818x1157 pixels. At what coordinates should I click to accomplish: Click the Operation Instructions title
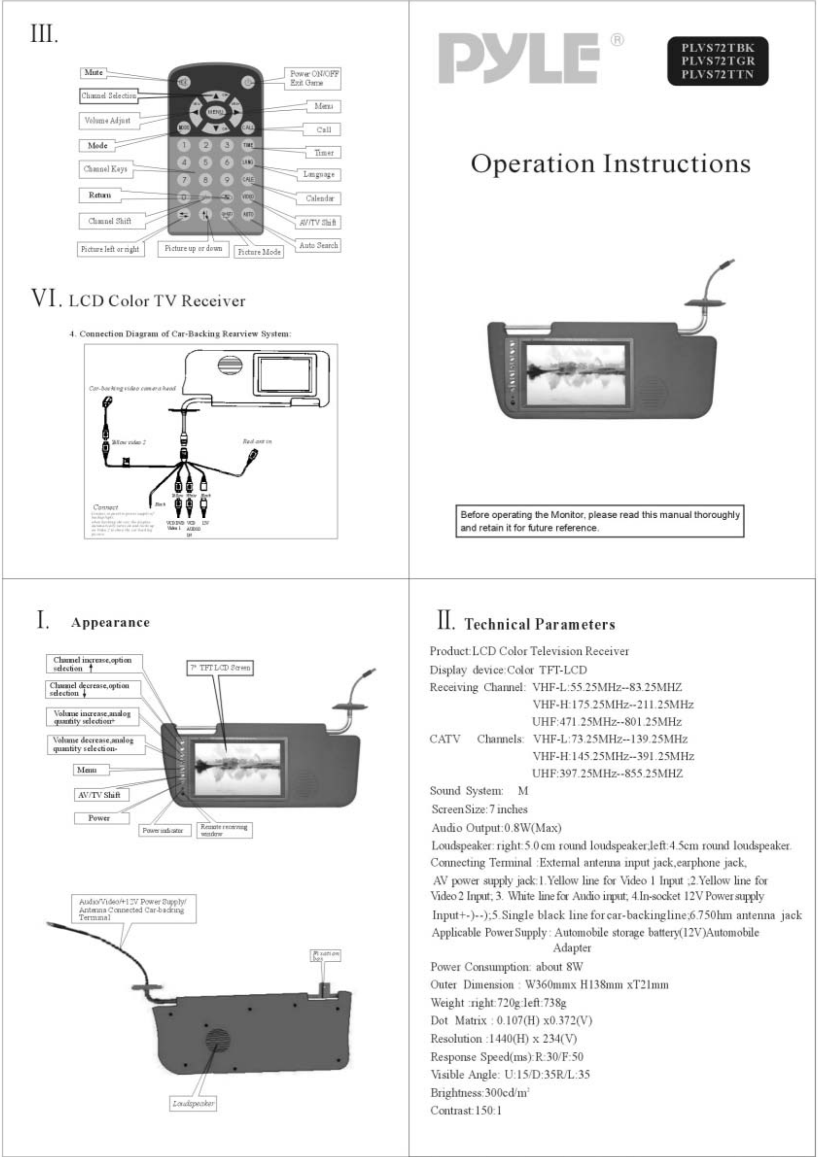pos(611,164)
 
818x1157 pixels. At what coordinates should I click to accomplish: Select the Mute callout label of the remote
pos(94,72)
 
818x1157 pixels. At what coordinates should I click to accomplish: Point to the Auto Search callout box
pos(318,245)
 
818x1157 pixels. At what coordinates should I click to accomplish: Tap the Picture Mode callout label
pos(259,252)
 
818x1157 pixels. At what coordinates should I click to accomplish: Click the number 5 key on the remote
pos(205,162)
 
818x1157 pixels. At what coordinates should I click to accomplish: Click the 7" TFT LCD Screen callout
pos(220,668)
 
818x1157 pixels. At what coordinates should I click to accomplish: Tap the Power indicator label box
pos(165,830)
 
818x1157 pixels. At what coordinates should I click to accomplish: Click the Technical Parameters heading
pos(539,625)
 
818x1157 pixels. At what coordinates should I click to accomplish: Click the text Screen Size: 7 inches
pos(479,809)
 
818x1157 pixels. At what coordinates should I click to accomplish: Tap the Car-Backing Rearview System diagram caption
pos(180,334)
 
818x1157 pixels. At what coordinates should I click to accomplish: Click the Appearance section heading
pos(110,622)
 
